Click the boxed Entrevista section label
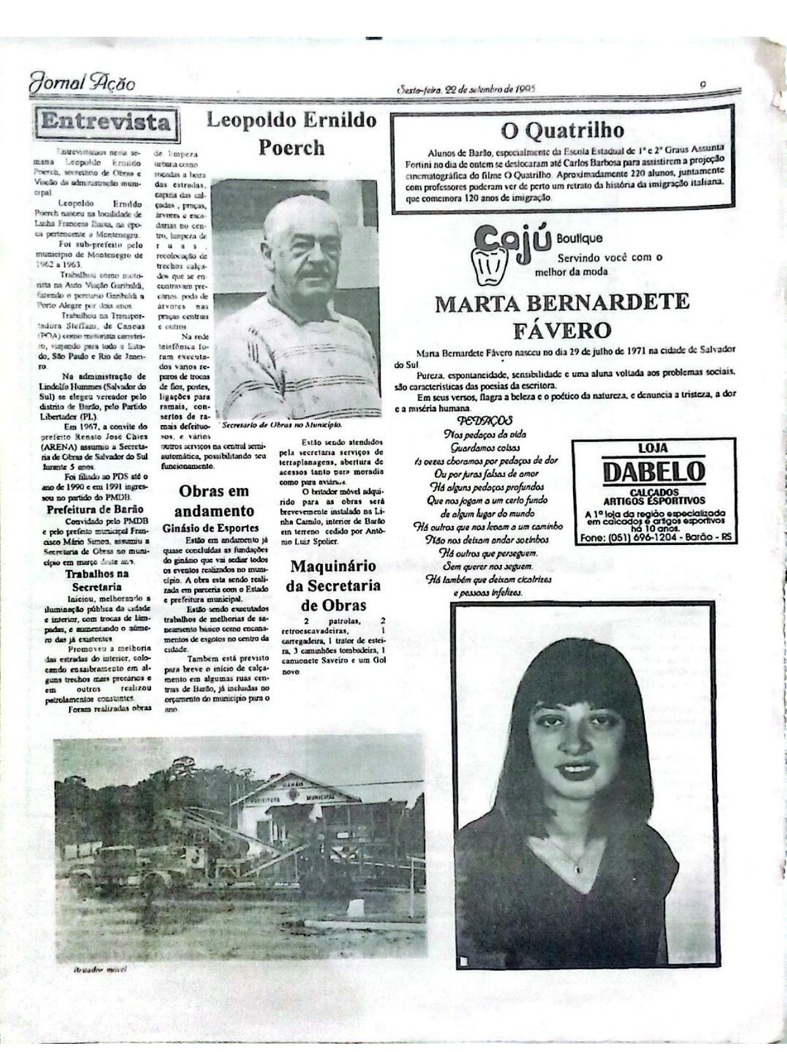(x=107, y=122)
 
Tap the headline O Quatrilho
(x=562, y=130)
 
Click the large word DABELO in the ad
(x=654, y=471)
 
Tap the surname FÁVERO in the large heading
(x=562, y=330)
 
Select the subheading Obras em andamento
(x=213, y=501)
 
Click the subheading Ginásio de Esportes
(x=210, y=527)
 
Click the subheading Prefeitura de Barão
(x=95, y=509)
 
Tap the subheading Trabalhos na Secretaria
(x=96, y=580)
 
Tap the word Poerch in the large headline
(x=291, y=147)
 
